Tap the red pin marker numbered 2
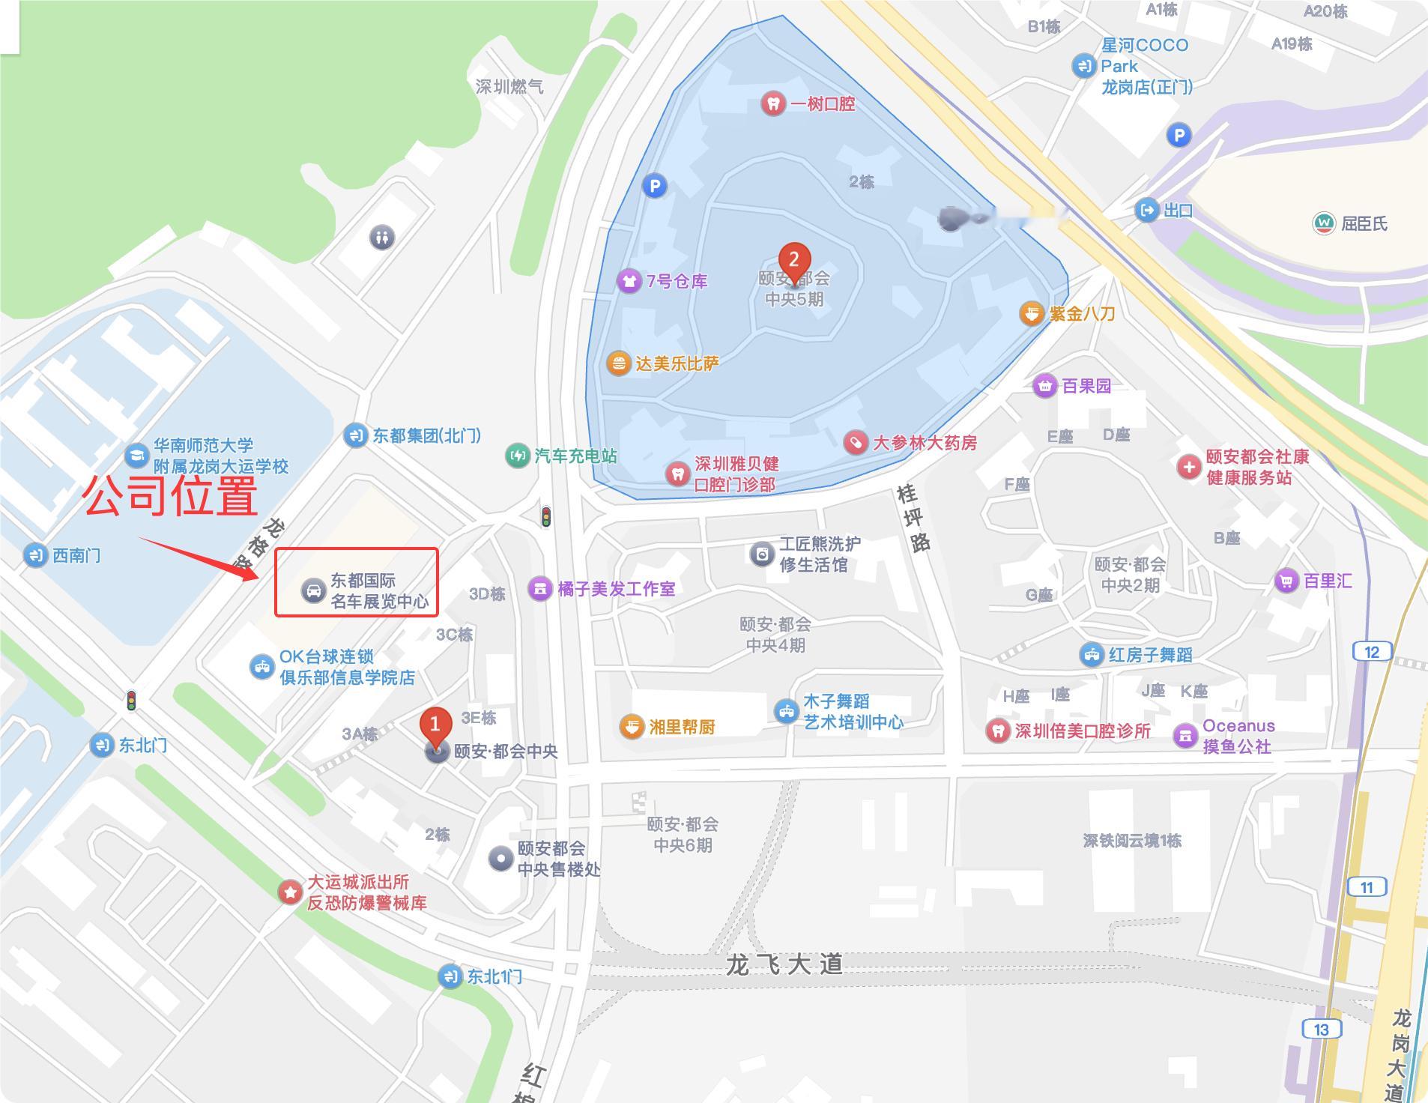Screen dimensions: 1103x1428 pyautogui.click(x=793, y=262)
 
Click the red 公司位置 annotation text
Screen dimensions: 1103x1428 pyautogui.click(x=171, y=495)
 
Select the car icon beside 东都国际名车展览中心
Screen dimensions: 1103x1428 pyautogui.click(x=313, y=591)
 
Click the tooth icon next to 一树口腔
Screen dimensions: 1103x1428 pyautogui.click(x=772, y=103)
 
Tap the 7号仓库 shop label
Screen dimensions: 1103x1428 pyautogui.click(x=677, y=281)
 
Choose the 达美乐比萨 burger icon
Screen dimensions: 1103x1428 pyautogui.click(x=618, y=364)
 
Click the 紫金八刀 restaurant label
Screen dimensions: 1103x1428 pyautogui.click(x=1082, y=314)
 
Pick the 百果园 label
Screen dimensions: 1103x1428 pyautogui.click(x=1086, y=386)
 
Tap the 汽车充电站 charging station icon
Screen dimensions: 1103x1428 pyautogui.click(x=517, y=456)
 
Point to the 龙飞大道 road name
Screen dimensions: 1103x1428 pyautogui.click(x=784, y=964)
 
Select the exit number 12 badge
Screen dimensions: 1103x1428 pyautogui.click(x=1371, y=652)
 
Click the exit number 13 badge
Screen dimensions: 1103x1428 pyautogui.click(x=1321, y=1029)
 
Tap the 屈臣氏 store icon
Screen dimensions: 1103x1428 pyautogui.click(x=1324, y=223)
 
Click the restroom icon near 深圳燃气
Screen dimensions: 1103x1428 pyautogui.click(x=382, y=238)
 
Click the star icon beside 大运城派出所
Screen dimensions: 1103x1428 pyautogui.click(x=289, y=892)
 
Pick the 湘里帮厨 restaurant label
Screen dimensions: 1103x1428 pyautogui.click(x=682, y=727)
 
